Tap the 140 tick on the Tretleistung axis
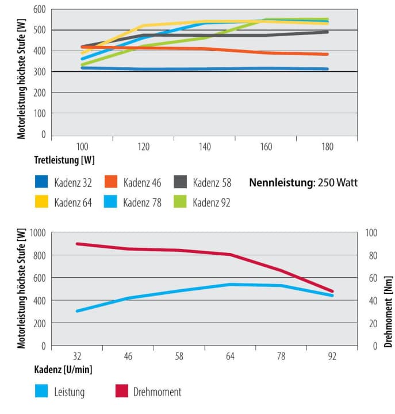pos(205,147)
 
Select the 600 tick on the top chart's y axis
pos(39,10)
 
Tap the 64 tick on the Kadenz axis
pos(230,356)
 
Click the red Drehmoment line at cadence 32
pos(77,244)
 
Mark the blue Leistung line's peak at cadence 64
pos(230,284)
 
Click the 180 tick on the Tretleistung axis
pos(327,147)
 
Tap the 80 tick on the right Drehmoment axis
pos(371,255)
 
